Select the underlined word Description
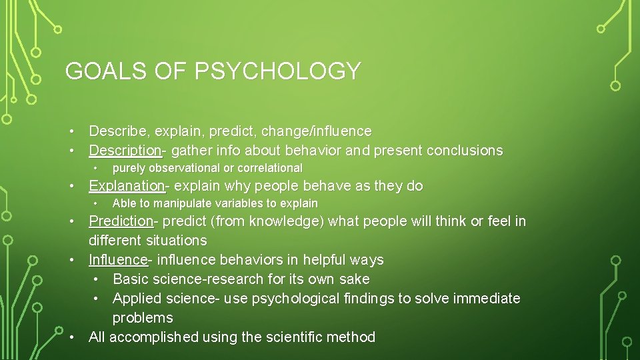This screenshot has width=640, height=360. (x=125, y=151)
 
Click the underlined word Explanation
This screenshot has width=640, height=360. (x=127, y=186)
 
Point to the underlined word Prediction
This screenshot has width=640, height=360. (x=121, y=221)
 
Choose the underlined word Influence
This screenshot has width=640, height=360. (x=117, y=259)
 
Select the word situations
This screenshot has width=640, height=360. (x=177, y=240)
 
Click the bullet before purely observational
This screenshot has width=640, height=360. (x=97, y=168)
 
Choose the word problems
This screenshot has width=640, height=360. (x=143, y=317)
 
